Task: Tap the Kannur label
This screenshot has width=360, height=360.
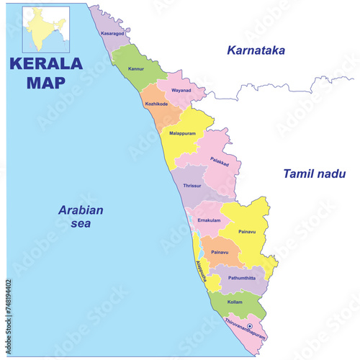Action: click(136, 69)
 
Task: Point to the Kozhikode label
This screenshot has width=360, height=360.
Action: click(156, 104)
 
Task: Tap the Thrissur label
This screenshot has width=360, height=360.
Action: click(192, 186)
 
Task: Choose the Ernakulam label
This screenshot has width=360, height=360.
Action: click(209, 220)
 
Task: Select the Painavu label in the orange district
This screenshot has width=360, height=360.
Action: click(220, 253)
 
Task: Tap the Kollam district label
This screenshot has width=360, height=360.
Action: click(235, 302)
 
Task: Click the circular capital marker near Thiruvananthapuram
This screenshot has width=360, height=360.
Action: click(250, 327)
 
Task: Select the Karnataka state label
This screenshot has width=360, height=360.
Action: click(256, 50)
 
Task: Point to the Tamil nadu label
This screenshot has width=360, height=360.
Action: click(315, 174)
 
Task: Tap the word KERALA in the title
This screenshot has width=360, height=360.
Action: click(46, 63)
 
